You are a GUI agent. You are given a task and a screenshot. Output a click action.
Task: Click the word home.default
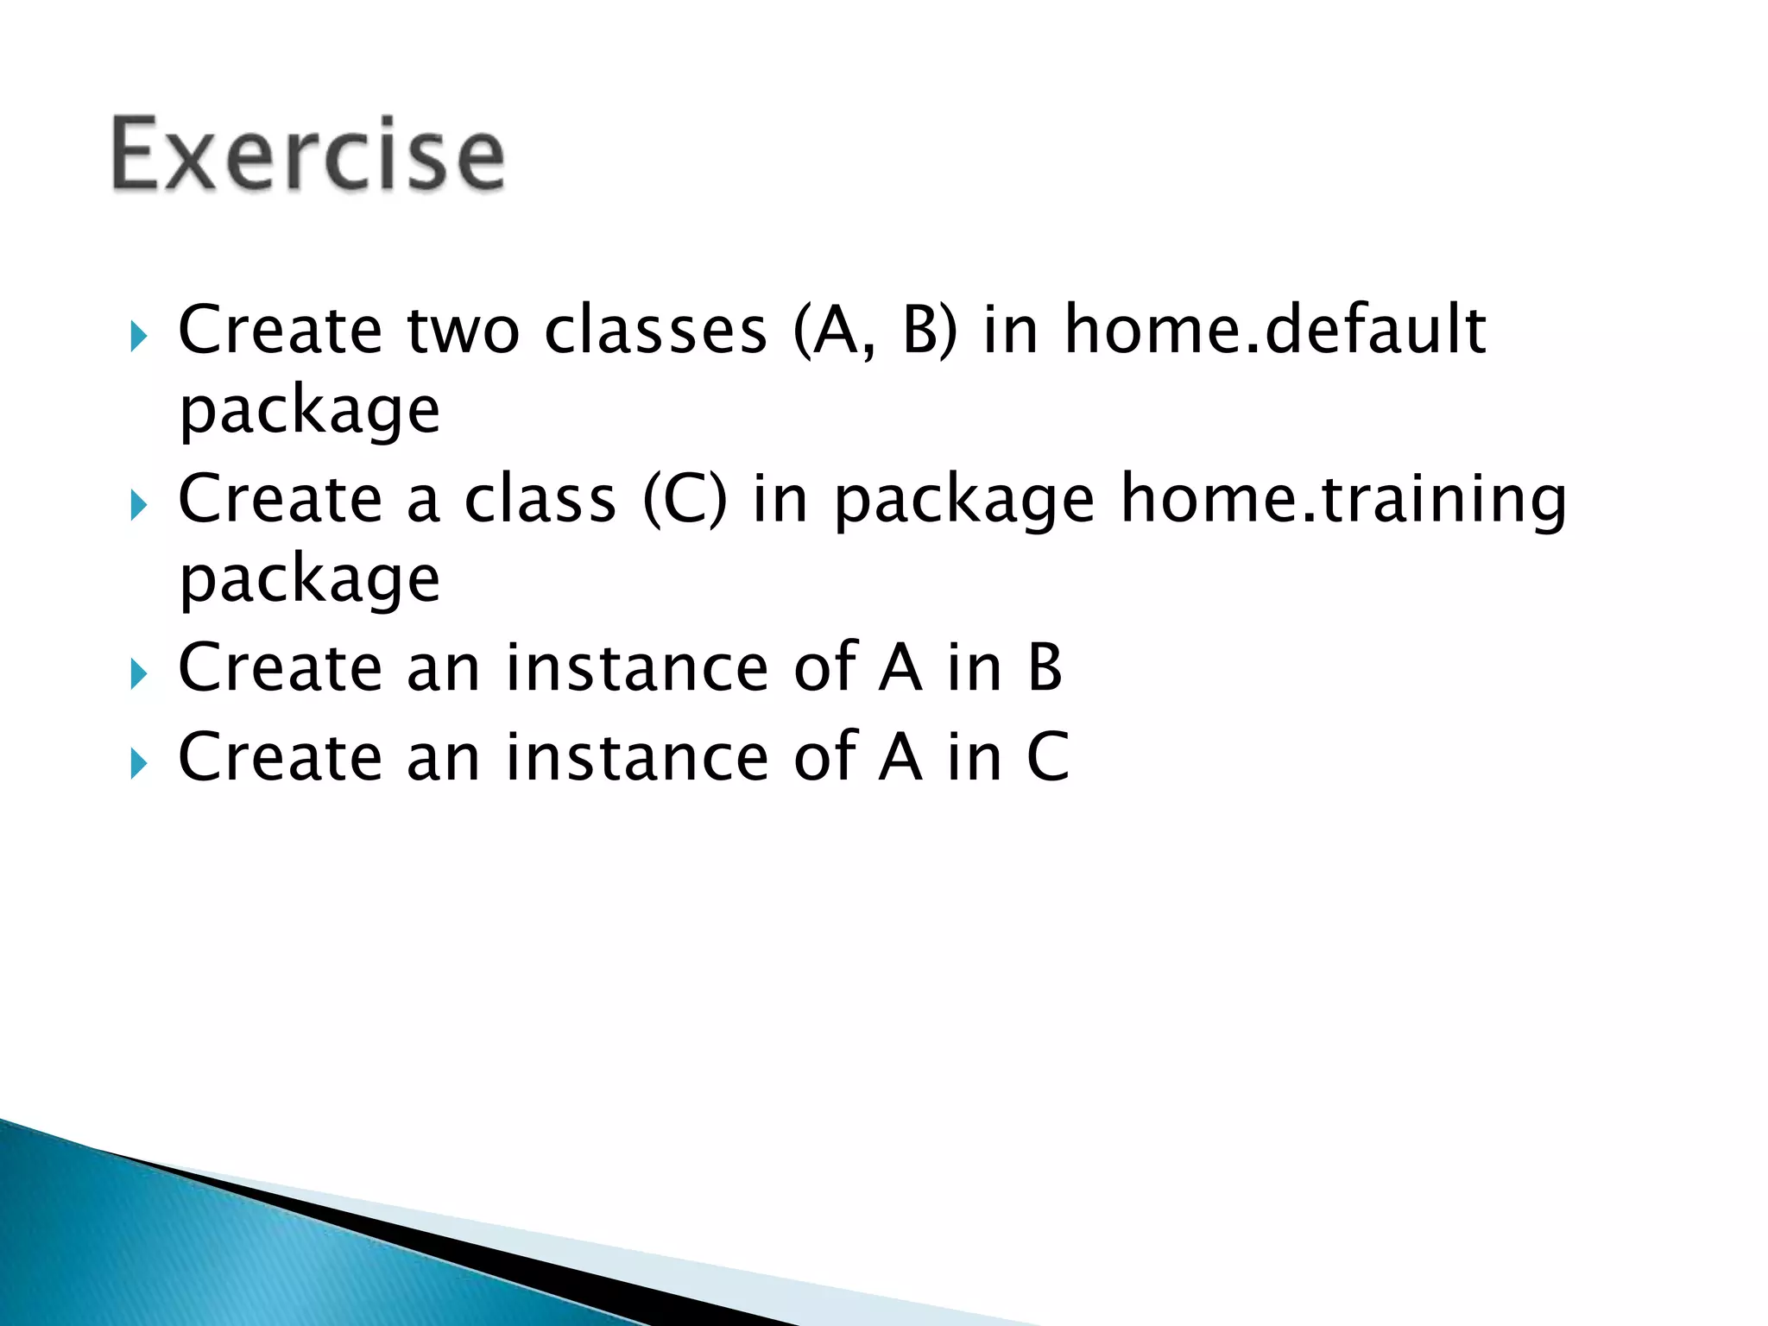point(1275,330)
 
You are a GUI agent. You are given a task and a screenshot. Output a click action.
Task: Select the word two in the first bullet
point(463,330)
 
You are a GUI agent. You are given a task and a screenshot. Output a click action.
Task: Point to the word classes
point(655,330)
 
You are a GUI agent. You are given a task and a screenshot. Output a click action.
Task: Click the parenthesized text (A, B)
point(875,331)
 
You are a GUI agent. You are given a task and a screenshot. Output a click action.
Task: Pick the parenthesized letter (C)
point(685,501)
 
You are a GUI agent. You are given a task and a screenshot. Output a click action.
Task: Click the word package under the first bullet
point(309,413)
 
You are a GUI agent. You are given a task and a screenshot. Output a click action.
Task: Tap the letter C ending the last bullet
point(1047,757)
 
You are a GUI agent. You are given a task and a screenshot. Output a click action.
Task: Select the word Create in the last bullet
point(280,757)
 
